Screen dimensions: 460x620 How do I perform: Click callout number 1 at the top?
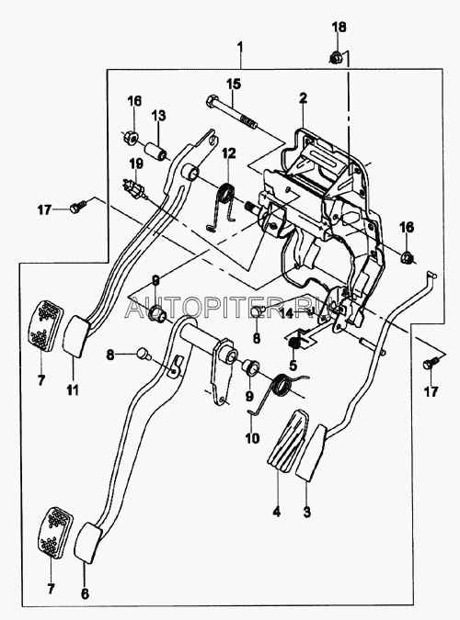240,48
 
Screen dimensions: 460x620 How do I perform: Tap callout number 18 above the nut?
339,28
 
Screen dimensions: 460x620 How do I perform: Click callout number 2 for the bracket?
303,98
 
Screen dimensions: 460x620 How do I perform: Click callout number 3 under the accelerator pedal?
306,512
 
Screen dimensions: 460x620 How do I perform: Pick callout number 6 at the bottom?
86,593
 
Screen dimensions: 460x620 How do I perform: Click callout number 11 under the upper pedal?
73,390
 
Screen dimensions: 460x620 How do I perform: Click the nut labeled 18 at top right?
337,58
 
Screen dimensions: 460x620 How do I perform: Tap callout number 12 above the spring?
228,153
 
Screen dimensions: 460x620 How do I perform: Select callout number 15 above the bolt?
234,84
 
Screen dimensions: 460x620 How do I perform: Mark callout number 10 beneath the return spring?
252,438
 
